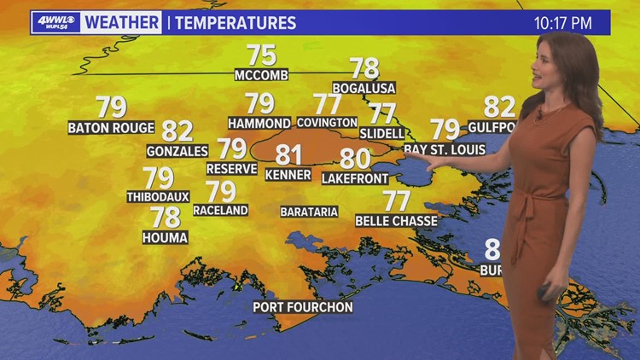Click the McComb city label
[x=261, y=76]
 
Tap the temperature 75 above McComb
[x=261, y=55]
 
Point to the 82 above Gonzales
[x=177, y=131]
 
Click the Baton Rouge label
[x=111, y=128]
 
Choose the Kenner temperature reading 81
[x=288, y=154]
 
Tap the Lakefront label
[x=355, y=178]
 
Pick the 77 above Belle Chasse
[x=396, y=200]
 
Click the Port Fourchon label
[x=302, y=307]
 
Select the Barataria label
[x=309, y=212]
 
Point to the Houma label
[x=165, y=238]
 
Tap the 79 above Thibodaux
[x=158, y=177]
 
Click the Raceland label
[x=220, y=210]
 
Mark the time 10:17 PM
[x=563, y=23]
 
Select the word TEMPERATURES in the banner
[x=236, y=23]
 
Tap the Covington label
[x=328, y=123]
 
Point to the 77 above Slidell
[x=381, y=113]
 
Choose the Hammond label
[x=259, y=123]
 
